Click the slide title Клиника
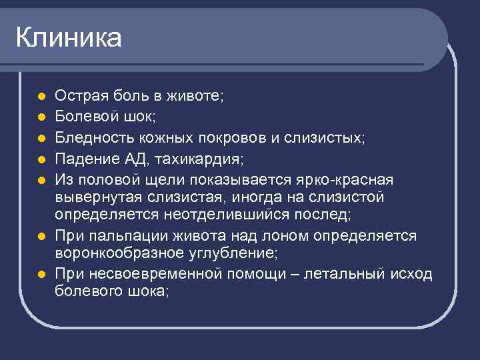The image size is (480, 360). (69, 38)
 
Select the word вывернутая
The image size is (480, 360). (93, 199)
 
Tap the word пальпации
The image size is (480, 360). (121, 237)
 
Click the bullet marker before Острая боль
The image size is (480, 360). (41, 97)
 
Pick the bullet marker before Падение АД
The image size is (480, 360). (41, 159)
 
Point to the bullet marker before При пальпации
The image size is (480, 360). (41, 237)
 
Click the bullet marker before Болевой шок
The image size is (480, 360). (41, 118)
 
